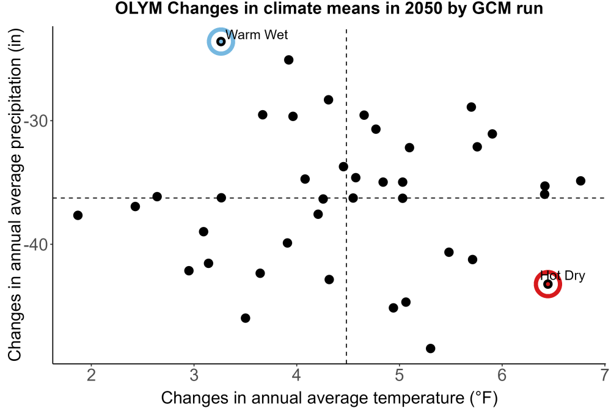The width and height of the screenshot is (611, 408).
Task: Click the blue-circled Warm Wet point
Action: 221,42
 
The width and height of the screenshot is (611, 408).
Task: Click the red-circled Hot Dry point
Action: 548,284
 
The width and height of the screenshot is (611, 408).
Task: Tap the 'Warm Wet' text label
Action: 257,35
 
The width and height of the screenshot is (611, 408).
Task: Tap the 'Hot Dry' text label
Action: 562,276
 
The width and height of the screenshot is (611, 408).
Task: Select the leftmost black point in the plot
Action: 78,215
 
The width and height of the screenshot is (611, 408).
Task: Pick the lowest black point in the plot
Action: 431,348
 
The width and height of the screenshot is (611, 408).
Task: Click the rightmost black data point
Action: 580,180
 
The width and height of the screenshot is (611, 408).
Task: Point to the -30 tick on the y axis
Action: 36,121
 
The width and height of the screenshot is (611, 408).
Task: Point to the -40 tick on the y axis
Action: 36,245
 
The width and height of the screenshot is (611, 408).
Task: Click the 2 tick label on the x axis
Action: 91,375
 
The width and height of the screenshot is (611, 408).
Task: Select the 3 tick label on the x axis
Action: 194,375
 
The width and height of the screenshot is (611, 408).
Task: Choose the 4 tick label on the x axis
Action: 296,375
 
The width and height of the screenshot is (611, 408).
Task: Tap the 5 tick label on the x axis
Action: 400,375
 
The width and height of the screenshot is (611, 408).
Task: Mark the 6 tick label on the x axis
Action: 502,375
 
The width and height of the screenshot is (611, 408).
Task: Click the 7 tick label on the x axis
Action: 605,375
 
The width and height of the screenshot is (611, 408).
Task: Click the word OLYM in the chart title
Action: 138,8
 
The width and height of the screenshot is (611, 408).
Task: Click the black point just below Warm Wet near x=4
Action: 289,60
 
